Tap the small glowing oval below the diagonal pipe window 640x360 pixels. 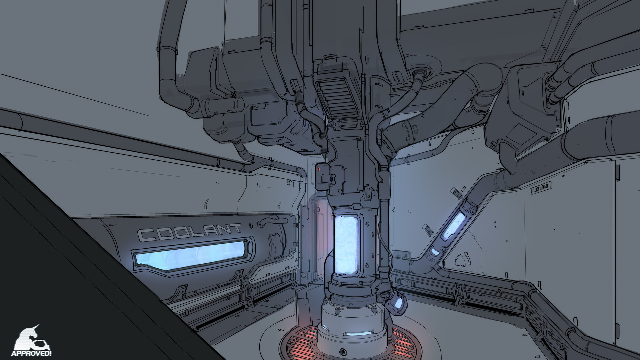point(435,251)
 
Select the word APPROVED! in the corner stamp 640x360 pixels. point(31,353)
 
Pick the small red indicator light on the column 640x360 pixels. point(318,169)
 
